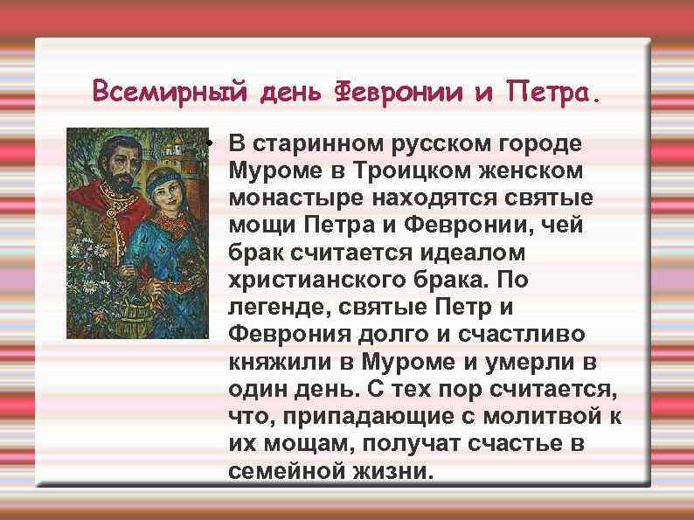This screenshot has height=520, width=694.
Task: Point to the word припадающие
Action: (359, 419)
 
